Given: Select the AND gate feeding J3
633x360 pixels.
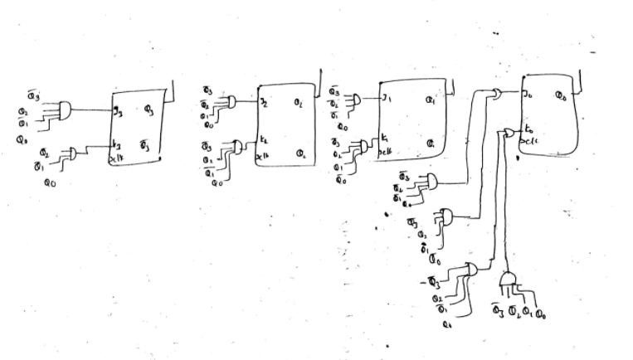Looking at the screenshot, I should (64, 109).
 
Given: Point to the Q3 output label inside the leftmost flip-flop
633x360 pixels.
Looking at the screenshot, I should (146, 109).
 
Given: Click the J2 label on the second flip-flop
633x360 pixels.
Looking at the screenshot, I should (264, 103).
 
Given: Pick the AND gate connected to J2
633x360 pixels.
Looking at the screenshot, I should (231, 102).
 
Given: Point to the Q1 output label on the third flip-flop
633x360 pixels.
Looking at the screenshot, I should (431, 101).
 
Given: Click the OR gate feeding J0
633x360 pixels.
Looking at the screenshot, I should (496, 93).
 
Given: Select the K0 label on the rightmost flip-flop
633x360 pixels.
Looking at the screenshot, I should (528, 129).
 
